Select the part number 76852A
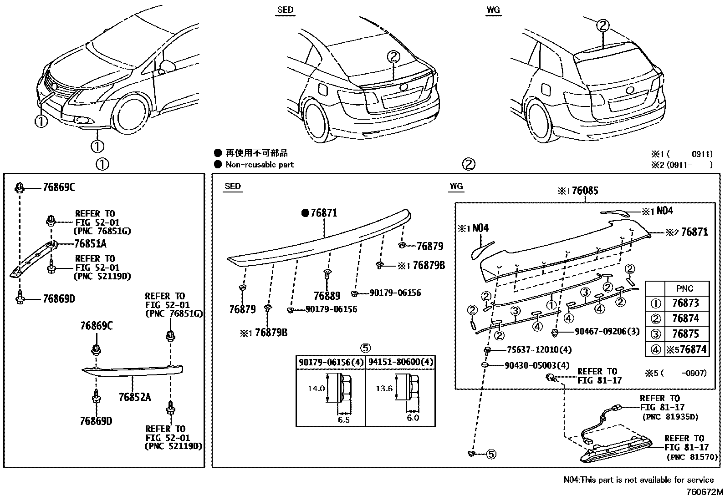(x=134, y=397)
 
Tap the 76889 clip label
(x=327, y=296)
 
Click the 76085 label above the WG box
(x=584, y=191)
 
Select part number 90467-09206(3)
(x=601, y=332)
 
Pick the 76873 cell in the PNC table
(x=685, y=303)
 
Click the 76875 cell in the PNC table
(x=685, y=334)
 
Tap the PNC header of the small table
(x=685, y=288)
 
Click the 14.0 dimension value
(x=316, y=389)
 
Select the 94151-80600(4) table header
(x=400, y=362)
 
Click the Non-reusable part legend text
(x=260, y=165)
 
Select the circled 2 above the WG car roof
(x=602, y=25)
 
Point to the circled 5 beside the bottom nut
(x=490, y=454)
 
